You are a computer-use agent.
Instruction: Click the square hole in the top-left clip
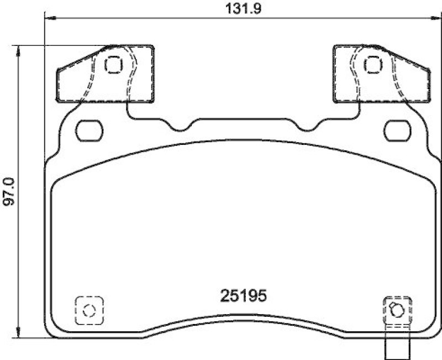(113, 65)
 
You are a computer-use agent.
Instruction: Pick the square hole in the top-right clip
(372, 65)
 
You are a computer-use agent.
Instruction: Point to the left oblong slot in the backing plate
(89, 131)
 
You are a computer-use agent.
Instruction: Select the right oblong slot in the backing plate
(397, 131)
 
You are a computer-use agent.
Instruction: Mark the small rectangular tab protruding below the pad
(397, 347)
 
